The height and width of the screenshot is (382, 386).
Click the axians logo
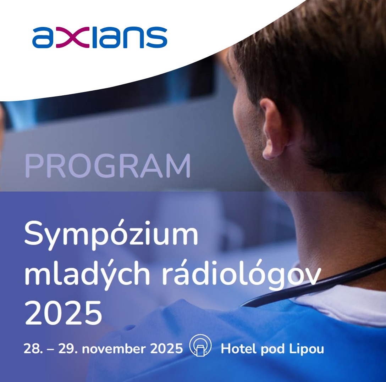[100, 37]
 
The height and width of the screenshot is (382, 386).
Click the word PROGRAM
[108, 166]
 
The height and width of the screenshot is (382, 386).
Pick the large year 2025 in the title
[63, 312]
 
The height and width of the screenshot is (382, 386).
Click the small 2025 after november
[166, 349]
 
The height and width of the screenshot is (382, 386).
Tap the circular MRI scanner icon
[200, 346]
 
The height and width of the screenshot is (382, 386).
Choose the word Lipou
[307, 349]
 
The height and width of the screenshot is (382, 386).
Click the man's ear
[273, 129]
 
